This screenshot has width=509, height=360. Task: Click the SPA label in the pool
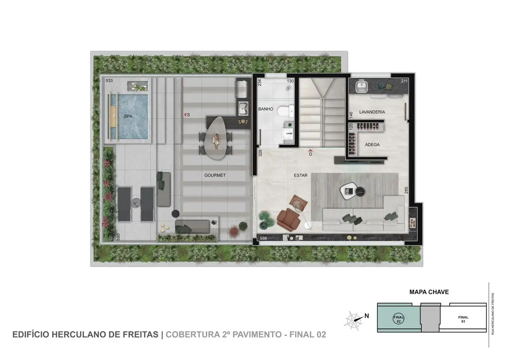[128, 117]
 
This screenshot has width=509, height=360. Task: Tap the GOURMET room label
[215, 175]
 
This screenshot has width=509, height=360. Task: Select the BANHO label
[265, 109]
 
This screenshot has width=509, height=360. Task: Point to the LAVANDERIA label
[372, 112]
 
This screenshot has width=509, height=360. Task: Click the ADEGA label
[372, 145]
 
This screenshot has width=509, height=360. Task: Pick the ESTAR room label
[301, 175]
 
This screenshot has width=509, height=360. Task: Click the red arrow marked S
[185, 115]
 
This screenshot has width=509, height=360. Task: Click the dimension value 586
[263, 238]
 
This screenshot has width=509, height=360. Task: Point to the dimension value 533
[109, 81]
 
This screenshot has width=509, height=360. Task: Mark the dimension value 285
[406, 191]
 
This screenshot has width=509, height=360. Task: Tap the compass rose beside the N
[353, 319]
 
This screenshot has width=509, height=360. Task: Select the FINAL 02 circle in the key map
[398, 319]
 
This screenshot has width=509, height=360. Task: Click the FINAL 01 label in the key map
[463, 319]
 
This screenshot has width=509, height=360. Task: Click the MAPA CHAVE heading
[429, 292]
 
